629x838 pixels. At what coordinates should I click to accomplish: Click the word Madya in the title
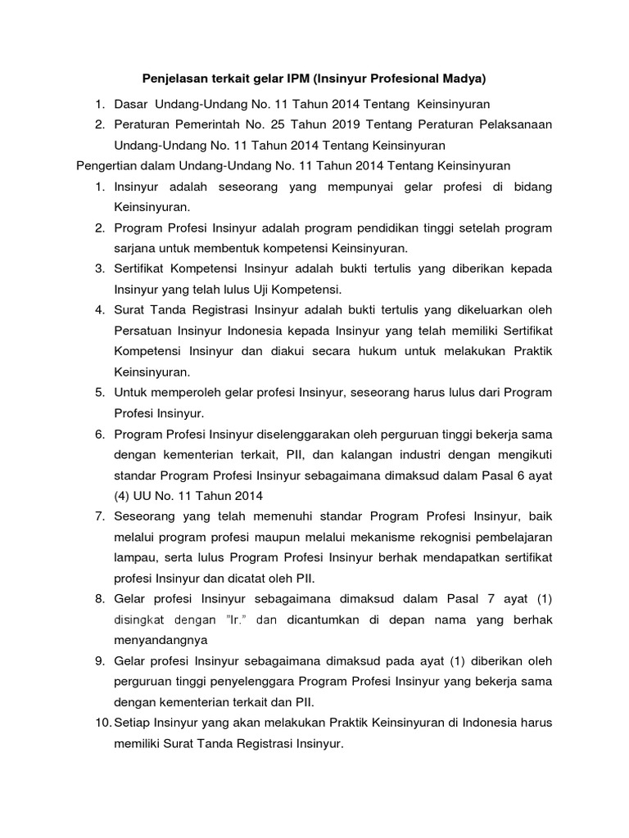pos(465,79)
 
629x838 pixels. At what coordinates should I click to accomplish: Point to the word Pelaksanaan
pos(513,124)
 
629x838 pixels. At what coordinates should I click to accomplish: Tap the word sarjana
pos(136,247)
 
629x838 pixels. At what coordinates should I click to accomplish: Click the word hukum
pos(361,350)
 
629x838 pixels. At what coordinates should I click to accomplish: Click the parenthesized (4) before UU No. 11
pos(124,493)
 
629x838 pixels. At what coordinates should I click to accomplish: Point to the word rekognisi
pos(428,535)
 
